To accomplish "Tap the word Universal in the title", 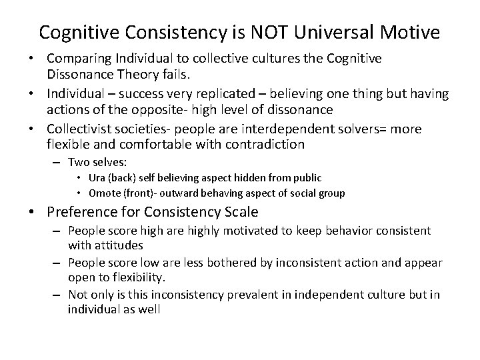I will pos(351,31).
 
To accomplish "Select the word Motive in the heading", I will pos(417,31).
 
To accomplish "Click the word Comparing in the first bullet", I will pos(79,59).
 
